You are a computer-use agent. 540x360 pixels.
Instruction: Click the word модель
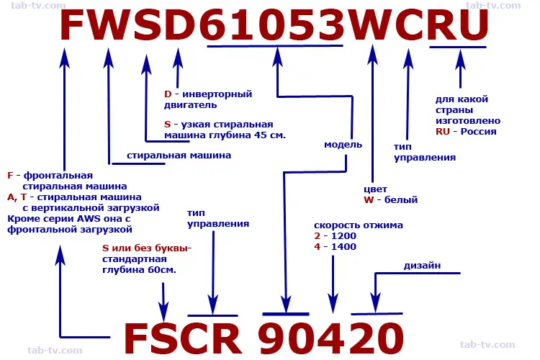(x=343, y=145)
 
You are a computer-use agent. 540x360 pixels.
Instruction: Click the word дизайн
(x=422, y=266)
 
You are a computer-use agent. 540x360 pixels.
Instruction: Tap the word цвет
(x=375, y=189)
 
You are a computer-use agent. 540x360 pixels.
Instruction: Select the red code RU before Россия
(x=443, y=131)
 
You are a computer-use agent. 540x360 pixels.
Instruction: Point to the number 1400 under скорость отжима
(x=343, y=247)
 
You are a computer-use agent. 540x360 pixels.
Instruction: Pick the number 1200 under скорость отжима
(x=343, y=236)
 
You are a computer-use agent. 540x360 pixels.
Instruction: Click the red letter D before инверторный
(x=168, y=94)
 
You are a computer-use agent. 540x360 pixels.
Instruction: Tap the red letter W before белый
(x=369, y=200)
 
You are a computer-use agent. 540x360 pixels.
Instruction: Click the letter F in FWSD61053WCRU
(x=73, y=25)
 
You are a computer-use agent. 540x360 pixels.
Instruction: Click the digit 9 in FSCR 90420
(x=275, y=338)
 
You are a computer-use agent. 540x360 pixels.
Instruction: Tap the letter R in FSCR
(x=225, y=338)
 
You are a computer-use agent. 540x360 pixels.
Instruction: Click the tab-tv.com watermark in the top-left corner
(x=38, y=6)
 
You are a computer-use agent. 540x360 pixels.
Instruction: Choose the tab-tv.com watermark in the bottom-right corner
(x=487, y=344)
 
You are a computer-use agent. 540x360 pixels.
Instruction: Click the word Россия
(x=478, y=131)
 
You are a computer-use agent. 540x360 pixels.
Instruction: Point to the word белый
(x=401, y=200)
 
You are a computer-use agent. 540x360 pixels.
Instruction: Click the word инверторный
(x=217, y=94)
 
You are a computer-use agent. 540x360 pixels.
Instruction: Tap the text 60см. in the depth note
(x=162, y=270)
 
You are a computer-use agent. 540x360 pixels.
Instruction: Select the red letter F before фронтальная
(x=10, y=176)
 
